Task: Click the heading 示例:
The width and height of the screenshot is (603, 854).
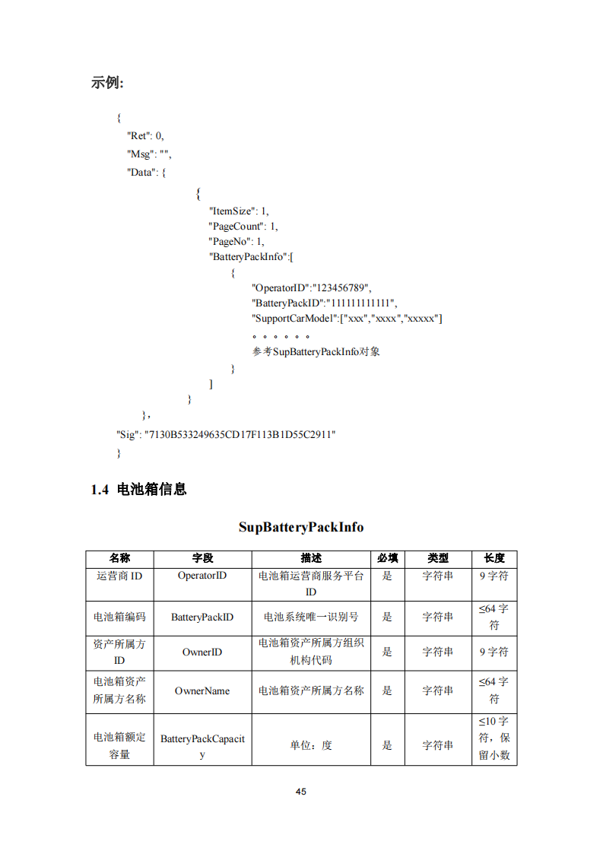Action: (x=107, y=83)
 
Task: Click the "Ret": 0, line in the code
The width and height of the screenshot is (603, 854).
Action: (x=144, y=136)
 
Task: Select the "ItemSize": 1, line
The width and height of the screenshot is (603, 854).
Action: (x=239, y=211)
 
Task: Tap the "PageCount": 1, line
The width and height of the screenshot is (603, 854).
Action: (x=243, y=226)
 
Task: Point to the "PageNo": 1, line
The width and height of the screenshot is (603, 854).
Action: (x=237, y=242)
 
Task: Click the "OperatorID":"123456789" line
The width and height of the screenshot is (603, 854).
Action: (x=311, y=287)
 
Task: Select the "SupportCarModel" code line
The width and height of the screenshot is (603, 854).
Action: (x=348, y=318)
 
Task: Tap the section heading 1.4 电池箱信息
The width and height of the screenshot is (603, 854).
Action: (x=138, y=490)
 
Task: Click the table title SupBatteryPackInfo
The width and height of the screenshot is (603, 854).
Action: (x=301, y=527)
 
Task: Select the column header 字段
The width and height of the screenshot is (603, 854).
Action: (x=202, y=558)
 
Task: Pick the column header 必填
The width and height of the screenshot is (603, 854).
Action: (x=387, y=558)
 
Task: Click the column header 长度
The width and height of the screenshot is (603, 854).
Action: (x=494, y=558)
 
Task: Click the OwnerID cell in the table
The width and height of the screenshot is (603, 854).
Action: (x=202, y=652)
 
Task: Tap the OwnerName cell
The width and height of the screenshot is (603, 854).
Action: (x=202, y=691)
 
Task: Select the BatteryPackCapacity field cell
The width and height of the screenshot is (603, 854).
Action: (x=202, y=746)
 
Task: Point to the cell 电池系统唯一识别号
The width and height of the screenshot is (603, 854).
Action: (x=311, y=617)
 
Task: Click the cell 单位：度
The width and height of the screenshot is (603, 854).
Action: (x=311, y=746)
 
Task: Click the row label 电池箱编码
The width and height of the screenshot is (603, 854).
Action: (x=119, y=617)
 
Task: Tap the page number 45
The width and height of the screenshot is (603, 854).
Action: (x=301, y=792)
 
